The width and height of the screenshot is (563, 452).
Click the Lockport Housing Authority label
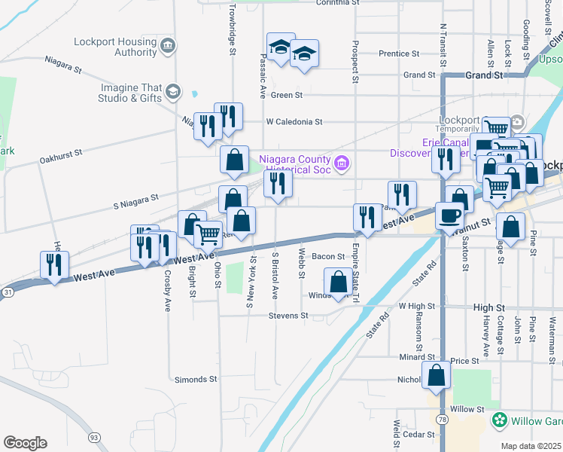(x=115, y=47)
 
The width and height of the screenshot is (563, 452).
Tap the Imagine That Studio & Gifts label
(x=130, y=93)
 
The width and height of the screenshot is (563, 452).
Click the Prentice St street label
(x=399, y=54)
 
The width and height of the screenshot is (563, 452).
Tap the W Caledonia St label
(x=294, y=121)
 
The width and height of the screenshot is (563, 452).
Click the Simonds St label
(x=196, y=380)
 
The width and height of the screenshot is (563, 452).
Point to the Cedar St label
(x=419, y=435)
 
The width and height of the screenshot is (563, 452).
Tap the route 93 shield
(x=94, y=437)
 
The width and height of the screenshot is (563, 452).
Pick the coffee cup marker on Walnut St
(x=450, y=214)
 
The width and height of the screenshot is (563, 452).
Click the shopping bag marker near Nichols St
(x=437, y=374)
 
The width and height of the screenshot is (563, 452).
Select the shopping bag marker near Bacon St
(x=339, y=282)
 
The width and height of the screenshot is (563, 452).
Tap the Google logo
(x=25, y=443)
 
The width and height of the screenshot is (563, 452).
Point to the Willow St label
(x=467, y=409)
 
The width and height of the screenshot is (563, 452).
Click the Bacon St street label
(x=328, y=257)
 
